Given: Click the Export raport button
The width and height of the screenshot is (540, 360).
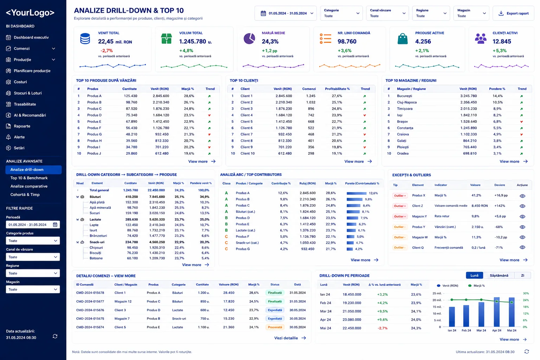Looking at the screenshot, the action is [513, 13].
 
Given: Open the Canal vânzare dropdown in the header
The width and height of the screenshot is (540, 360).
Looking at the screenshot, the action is [387, 13].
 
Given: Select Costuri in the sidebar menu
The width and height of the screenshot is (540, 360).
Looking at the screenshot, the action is [20, 82].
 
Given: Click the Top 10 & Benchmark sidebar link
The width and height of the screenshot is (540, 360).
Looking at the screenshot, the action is [29, 178].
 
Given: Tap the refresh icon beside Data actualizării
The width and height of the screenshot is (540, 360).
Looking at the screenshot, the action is [55, 336].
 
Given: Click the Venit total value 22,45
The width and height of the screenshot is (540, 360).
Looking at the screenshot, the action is [105, 41].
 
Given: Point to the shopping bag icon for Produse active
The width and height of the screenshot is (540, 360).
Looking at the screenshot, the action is [402, 39].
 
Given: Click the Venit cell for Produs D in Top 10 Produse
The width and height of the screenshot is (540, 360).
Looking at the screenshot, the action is [161, 115].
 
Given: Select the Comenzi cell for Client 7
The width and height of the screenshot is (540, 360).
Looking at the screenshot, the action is [311, 134].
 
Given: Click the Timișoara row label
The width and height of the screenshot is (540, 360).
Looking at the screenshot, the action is [405, 109].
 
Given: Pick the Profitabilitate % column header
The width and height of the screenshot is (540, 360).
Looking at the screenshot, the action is [337, 89].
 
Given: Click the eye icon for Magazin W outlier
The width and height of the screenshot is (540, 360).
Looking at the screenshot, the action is [522, 237].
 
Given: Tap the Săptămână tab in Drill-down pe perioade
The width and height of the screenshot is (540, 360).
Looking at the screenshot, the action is [499, 275].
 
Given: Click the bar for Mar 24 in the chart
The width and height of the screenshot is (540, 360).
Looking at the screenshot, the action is [481, 314].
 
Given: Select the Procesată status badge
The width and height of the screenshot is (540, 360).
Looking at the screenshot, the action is [275, 327].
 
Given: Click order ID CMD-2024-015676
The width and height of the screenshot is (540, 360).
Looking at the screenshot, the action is [90, 310].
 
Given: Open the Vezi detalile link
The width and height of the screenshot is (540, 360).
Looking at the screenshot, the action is [286, 338].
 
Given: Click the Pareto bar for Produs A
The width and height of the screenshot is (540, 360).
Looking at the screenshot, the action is [356, 193].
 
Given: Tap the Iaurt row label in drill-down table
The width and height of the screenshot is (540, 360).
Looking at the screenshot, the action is [93, 230].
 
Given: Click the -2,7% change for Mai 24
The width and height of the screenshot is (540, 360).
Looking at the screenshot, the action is [382, 328].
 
